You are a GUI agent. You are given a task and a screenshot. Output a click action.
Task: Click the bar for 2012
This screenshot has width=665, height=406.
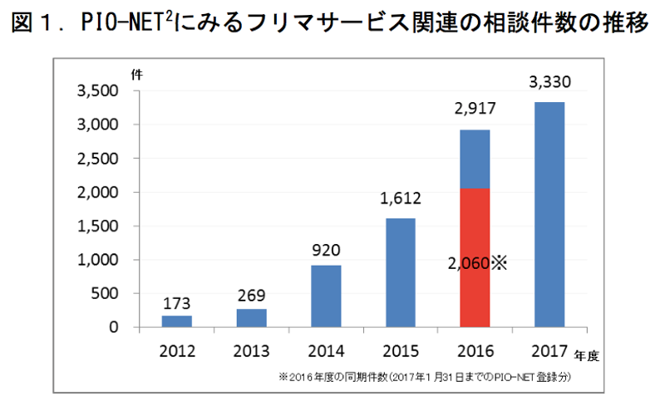coord(176,321)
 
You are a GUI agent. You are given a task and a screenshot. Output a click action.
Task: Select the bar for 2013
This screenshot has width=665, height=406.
coord(252,318)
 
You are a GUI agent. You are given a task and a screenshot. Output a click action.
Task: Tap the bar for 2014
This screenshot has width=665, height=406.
coord(327,296)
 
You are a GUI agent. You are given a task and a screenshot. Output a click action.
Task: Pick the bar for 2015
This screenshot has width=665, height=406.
coord(401,273)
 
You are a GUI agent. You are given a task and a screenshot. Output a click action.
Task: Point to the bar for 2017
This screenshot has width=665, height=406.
coord(550,215)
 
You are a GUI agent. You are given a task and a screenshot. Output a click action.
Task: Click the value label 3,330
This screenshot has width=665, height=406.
coord(550,82)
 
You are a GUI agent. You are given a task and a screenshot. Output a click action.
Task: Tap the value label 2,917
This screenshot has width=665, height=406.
coord(475,110)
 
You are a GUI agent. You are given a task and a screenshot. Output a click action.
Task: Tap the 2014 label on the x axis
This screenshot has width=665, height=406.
coord(327,350)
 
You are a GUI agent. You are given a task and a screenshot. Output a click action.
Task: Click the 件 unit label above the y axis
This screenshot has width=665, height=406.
coord(136,73)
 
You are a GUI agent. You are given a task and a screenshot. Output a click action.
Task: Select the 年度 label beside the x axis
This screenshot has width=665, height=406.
coord(586,356)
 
